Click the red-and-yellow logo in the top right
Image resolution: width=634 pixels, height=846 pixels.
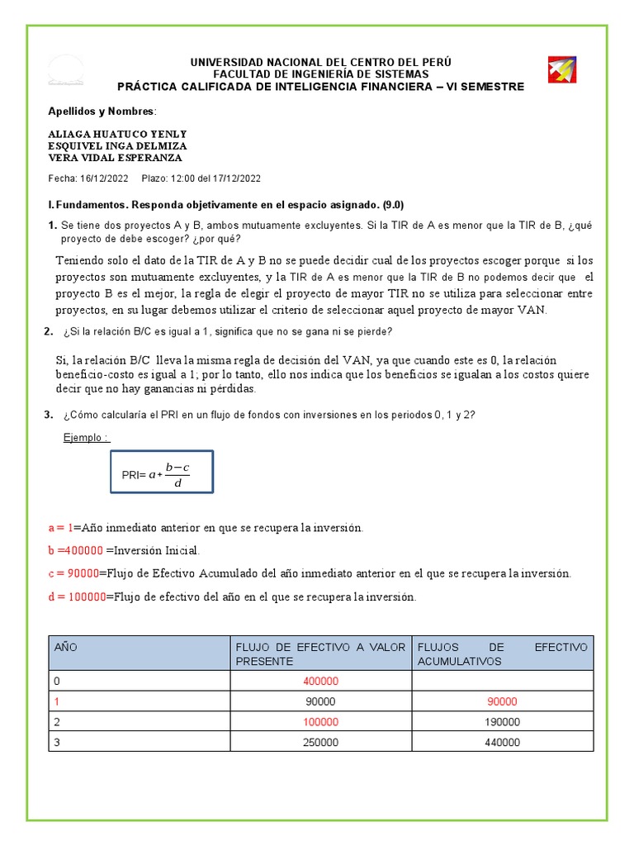tap(561, 70)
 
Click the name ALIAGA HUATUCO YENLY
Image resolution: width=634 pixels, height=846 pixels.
tap(118, 134)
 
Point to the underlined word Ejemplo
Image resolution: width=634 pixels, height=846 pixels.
tap(86, 437)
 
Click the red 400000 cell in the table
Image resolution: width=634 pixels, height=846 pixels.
tap(319, 682)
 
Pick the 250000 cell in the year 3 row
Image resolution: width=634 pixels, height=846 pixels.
tap(319, 742)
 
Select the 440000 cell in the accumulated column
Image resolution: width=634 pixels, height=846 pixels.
tap(502, 742)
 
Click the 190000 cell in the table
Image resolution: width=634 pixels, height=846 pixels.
tap(502, 721)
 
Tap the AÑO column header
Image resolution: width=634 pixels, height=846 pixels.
tap(65, 648)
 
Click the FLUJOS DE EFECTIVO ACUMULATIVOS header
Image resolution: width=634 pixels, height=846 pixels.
tap(502, 654)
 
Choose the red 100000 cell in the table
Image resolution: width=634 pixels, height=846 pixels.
tap(319, 721)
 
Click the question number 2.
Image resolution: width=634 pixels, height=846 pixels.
tap(47, 331)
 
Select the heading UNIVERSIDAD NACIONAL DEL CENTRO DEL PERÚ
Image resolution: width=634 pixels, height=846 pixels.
tap(320, 63)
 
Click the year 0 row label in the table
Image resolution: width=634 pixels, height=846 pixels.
tap(58, 682)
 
